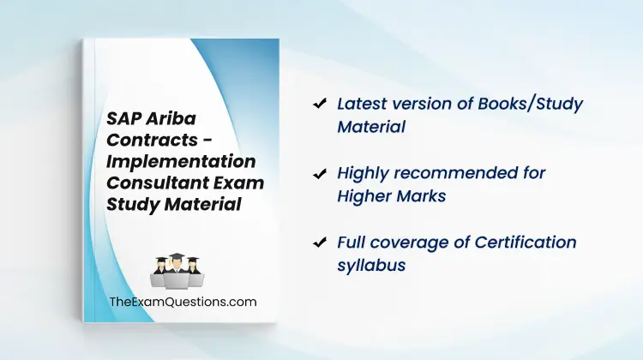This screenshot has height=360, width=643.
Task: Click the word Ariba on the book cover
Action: coord(171,118)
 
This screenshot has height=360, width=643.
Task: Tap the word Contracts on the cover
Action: coord(152,140)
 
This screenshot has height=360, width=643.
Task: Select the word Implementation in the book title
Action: coord(181,161)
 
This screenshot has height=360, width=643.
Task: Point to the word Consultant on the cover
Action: coord(159,183)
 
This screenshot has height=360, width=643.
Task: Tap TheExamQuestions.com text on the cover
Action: coord(183,302)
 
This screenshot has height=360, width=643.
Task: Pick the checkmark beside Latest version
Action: coord(320,104)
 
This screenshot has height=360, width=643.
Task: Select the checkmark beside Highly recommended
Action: coord(320,174)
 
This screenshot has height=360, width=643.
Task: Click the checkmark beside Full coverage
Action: coord(320,243)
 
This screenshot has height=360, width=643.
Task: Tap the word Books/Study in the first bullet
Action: coord(530,105)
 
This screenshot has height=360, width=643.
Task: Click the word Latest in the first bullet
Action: coord(361,104)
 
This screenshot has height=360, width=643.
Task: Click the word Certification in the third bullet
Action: coord(526,243)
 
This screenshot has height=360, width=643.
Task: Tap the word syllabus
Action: coord(371,266)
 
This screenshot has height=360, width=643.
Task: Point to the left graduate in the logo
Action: coord(159,271)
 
